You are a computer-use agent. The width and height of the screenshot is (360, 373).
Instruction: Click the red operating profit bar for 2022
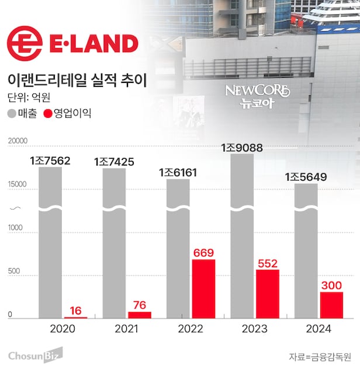click(203, 288)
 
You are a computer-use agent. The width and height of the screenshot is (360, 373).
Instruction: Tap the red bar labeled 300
click(331, 305)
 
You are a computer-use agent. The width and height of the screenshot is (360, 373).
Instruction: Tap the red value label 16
click(75, 310)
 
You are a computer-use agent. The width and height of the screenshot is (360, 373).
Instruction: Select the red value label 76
click(139, 305)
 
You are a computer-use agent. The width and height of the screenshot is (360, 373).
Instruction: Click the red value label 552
click(267, 262)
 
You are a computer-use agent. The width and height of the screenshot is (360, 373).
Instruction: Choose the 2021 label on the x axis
click(126, 329)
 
